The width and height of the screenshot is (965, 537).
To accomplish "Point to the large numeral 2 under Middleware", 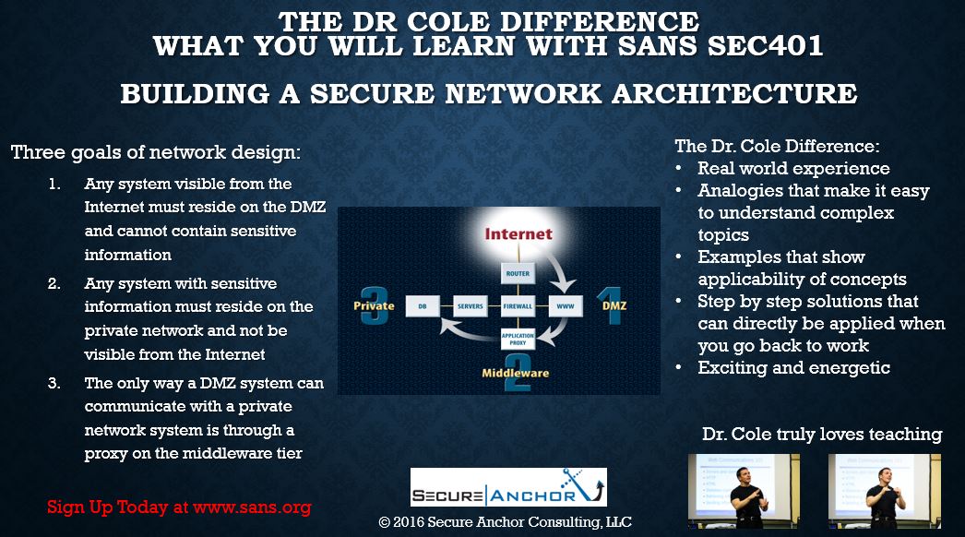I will click(x=517, y=377).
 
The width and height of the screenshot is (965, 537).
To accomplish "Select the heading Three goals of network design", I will click(x=156, y=152).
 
